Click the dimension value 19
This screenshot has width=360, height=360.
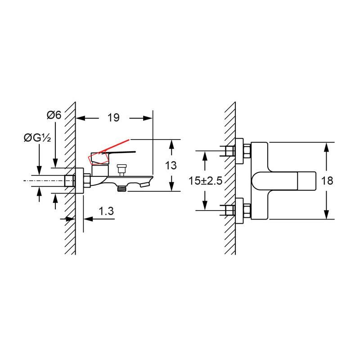[113, 118]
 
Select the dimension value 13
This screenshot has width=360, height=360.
[171, 165]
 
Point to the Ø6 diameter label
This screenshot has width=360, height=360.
[54, 115]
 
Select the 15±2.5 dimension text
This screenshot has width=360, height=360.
[205, 181]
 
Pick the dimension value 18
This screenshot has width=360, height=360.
[328, 181]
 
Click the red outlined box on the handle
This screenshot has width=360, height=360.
[99, 159]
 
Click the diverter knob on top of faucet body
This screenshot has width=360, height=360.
[120, 170]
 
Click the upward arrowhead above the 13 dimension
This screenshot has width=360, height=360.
[171, 144]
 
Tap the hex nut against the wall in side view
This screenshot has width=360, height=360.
[86, 181]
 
